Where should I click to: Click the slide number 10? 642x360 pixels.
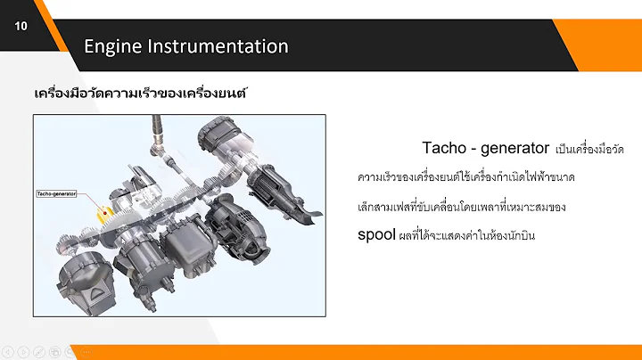(21, 26)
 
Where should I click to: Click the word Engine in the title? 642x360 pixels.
(113, 46)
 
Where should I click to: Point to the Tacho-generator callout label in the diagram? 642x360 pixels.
(56, 192)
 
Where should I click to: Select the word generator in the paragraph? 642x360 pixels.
(514, 147)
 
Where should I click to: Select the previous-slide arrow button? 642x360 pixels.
(8, 351)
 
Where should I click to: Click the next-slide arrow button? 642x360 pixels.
(23, 351)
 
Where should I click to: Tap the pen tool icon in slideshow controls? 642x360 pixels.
(38, 351)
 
